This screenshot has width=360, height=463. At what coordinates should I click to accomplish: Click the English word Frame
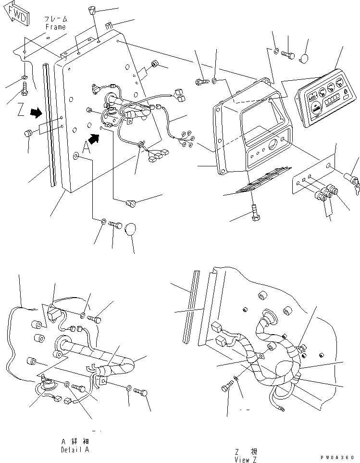(55, 27)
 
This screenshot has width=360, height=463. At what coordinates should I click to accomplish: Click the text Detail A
(75, 450)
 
